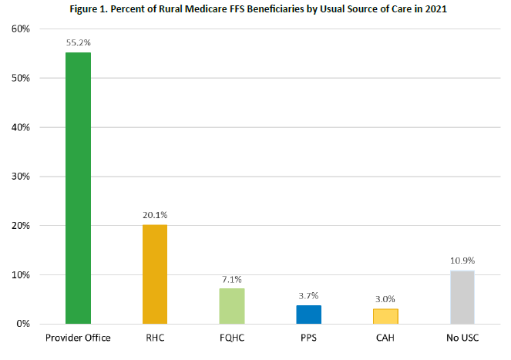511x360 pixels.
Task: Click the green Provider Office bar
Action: tap(78, 188)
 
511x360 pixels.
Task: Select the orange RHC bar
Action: tap(154, 274)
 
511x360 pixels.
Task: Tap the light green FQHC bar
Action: tap(231, 306)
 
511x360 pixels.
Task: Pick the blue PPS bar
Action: tap(308, 315)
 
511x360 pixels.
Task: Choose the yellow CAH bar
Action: tap(385, 316)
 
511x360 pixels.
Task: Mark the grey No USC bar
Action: tap(462, 297)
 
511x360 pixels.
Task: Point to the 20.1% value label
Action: tap(154, 216)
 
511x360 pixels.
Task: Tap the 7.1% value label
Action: tap(231, 280)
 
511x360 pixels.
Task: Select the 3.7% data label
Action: tap(308, 296)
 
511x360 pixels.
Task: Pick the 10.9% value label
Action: tap(462, 261)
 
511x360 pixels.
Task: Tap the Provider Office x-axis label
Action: tap(78, 337)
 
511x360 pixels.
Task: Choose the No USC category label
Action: tap(462, 337)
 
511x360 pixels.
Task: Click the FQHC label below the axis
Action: tap(231, 337)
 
